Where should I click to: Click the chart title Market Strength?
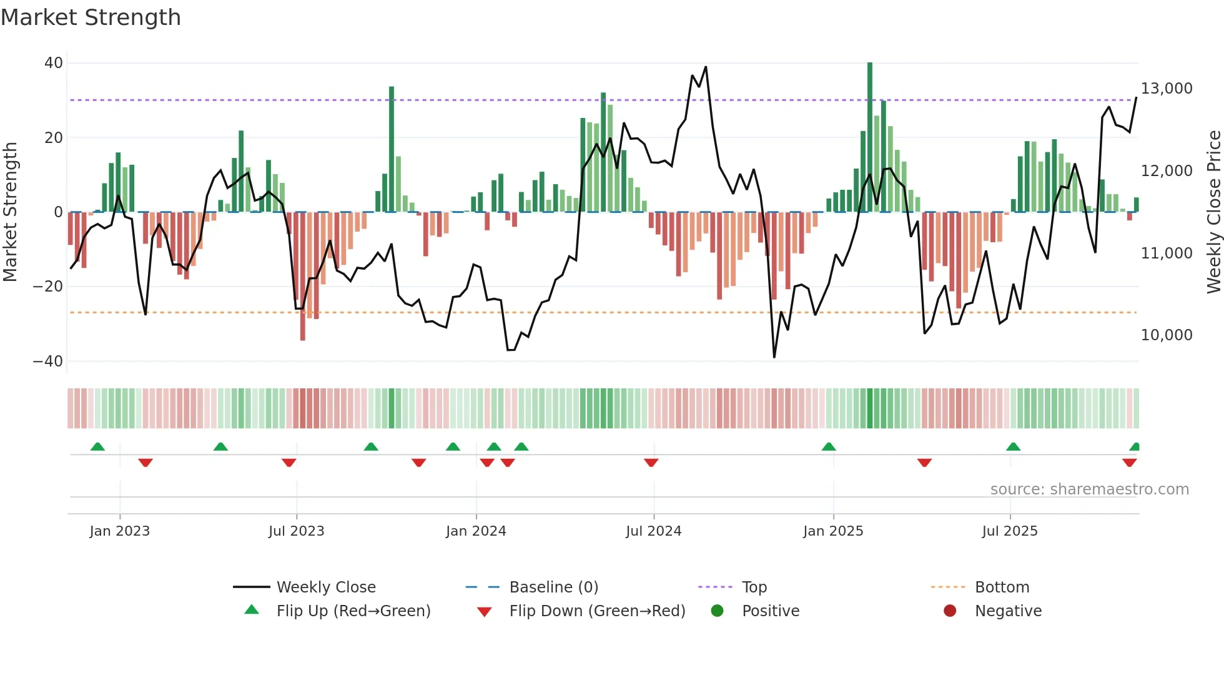[91, 17]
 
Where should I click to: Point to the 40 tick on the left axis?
[54, 63]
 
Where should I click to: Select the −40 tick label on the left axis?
[48, 361]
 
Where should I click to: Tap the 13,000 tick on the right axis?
[1167, 89]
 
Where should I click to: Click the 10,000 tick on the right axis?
[1167, 335]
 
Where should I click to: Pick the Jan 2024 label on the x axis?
[476, 531]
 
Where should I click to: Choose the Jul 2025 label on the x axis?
[1010, 531]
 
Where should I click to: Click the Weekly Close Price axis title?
[1213, 212]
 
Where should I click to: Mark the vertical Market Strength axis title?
[11, 212]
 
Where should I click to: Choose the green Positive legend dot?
[717, 611]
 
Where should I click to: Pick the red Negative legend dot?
[950, 611]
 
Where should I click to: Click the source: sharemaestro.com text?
[1089, 489]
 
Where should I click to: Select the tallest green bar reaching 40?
[870, 137]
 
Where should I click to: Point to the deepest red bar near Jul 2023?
[303, 276]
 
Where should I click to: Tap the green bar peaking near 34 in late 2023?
[392, 150]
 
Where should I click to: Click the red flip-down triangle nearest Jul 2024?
[651, 463]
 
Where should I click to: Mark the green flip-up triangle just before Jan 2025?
[829, 446]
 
